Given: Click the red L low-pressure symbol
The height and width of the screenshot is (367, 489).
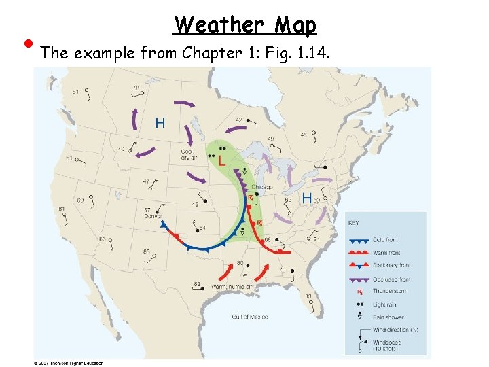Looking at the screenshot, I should [x=221, y=161].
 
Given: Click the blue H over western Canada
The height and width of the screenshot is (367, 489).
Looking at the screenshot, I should [x=160, y=123].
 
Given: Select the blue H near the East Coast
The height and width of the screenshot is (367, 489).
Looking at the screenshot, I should [x=306, y=198].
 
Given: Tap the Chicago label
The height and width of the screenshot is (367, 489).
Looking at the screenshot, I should [x=261, y=187].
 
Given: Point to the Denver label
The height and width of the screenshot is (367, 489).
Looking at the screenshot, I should [x=151, y=216].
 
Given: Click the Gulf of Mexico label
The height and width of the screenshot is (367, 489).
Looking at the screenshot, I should [x=250, y=317].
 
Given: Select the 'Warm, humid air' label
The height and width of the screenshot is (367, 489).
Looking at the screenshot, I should [x=232, y=287].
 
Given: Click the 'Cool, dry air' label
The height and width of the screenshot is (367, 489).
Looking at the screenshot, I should [x=189, y=155].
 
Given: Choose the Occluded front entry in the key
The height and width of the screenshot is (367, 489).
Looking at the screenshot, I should [x=391, y=279].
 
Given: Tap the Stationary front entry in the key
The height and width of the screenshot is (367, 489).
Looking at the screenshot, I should [x=392, y=265].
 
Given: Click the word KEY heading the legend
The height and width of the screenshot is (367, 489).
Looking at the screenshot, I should [x=354, y=222].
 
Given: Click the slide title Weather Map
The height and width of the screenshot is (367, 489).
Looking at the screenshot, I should [x=244, y=25].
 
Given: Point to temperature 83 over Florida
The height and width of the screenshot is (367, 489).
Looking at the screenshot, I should [x=308, y=296].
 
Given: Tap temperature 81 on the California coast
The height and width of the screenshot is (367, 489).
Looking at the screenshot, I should [x=62, y=209].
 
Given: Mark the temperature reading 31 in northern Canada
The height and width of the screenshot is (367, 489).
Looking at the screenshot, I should [x=137, y=88].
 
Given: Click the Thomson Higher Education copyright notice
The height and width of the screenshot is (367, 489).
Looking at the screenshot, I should [x=69, y=363].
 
